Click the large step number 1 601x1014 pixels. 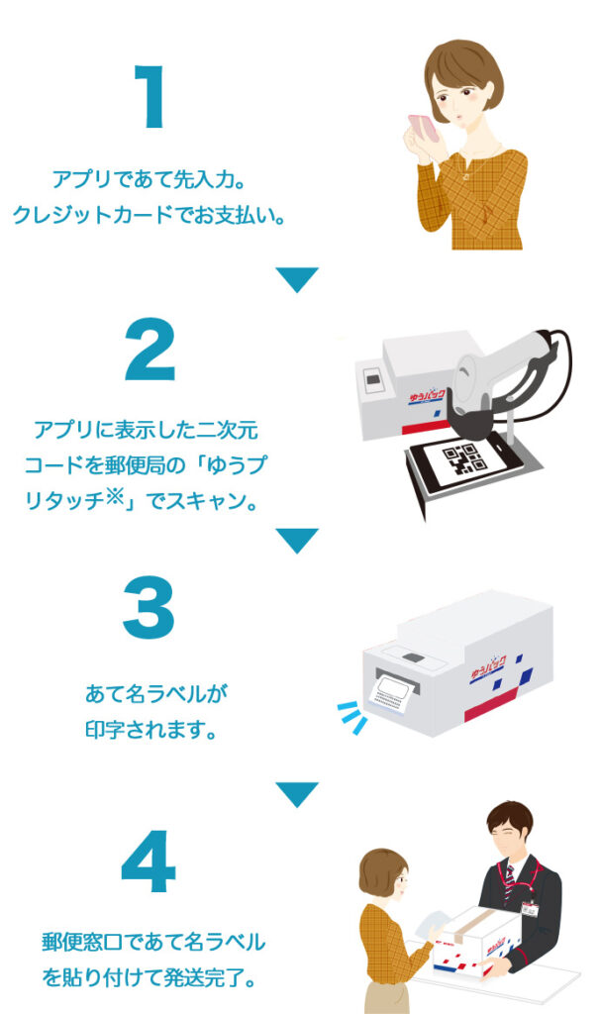[150, 96]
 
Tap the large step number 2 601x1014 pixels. [150, 350]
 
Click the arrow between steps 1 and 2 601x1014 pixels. [297, 279]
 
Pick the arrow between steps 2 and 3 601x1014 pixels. [297, 540]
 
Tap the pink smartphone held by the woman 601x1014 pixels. [424, 128]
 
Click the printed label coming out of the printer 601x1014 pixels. [389, 694]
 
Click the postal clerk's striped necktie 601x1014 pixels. [509, 880]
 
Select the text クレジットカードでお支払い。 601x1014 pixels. [150, 214]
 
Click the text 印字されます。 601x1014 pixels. [151, 730]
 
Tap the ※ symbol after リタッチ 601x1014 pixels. [114, 496]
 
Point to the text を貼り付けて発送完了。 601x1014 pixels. [150, 977]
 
